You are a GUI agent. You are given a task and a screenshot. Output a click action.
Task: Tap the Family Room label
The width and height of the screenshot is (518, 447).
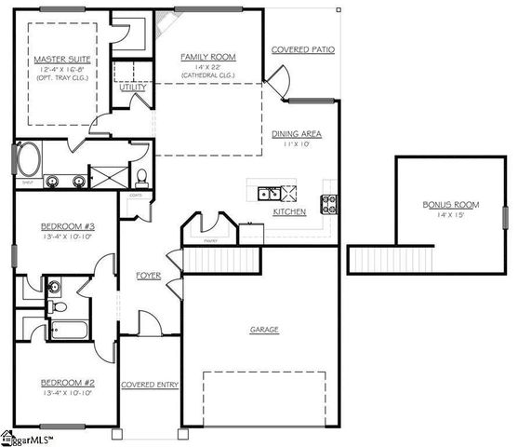[x=209, y=56]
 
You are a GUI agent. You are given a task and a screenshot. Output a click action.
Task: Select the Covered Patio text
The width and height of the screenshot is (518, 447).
[x=303, y=49]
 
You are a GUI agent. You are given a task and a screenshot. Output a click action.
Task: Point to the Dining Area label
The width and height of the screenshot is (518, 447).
[x=298, y=134]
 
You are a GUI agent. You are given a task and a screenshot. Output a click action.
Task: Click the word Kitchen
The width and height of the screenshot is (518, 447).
[x=290, y=212]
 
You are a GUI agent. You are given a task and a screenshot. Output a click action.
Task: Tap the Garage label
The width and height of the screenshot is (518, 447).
[x=264, y=330]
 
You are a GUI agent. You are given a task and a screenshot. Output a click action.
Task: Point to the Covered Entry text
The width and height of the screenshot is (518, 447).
[x=150, y=385]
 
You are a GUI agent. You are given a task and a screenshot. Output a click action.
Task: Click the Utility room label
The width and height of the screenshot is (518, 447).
[x=121, y=88]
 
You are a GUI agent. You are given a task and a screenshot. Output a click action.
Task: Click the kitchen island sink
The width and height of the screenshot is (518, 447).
[x=269, y=194]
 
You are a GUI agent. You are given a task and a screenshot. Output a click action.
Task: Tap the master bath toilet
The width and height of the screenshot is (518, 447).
[x=141, y=177]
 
